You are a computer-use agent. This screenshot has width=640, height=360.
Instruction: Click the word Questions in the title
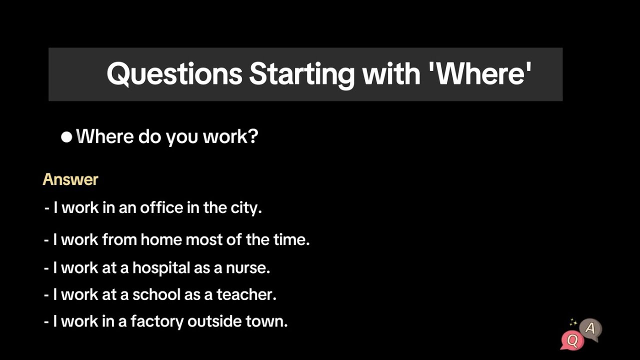[174, 74]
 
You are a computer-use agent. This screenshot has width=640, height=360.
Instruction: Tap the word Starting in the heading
[301, 74]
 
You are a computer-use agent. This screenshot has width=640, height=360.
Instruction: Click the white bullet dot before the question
[66, 137]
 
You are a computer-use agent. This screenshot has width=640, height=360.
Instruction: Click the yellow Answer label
[70, 179]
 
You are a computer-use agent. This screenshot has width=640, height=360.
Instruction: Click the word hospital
[161, 268]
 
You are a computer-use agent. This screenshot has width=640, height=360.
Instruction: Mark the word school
[156, 294]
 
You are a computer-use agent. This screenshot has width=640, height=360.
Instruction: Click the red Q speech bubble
[572, 340]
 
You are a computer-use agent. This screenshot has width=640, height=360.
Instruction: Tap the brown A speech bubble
[590, 329]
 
